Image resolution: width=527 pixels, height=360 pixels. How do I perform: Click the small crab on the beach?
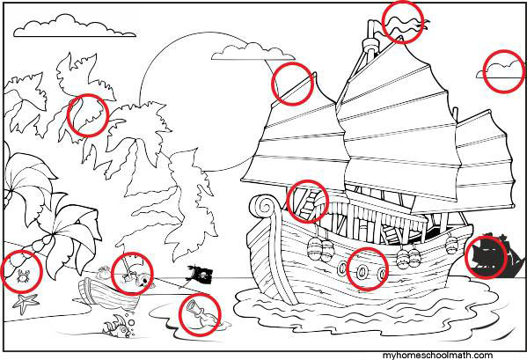point(22,276)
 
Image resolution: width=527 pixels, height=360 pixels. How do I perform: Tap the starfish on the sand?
point(25,303)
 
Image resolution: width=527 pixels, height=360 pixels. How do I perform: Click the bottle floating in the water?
point(201,313)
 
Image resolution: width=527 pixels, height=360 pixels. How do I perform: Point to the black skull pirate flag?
point(201,274)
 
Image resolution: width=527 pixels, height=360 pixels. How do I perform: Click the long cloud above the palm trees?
point(75,26)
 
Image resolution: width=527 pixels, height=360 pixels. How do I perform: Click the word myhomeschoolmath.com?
point(437,356)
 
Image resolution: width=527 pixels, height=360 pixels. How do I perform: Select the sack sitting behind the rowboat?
point(104,272)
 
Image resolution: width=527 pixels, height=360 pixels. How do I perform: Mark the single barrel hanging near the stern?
point(451,245)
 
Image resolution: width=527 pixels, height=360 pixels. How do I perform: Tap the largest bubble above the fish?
point(131,323)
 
